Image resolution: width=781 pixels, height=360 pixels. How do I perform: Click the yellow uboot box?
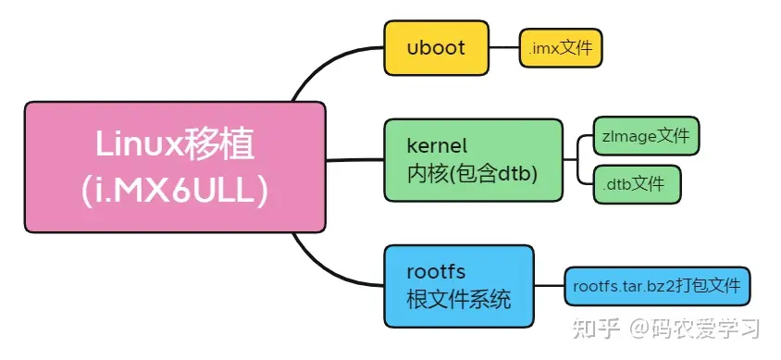click(x=436, y=48)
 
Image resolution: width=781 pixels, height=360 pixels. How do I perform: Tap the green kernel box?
click(x=473, y=159)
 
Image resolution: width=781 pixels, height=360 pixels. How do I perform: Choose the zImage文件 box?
click(x=647, y=136)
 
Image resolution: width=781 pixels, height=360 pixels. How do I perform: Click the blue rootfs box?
click(x=459, y=285)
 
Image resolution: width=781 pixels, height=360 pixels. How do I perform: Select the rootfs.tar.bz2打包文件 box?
click(x=657, y=286)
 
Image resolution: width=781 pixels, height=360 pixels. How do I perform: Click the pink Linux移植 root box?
click(x=175, y=167)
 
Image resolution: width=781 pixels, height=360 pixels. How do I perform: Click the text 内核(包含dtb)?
click(x=472, y=173)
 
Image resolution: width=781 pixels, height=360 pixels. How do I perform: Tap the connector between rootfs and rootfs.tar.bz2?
click(x=549, y=286)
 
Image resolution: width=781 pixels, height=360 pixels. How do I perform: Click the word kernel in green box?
click(x=437, y=146)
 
